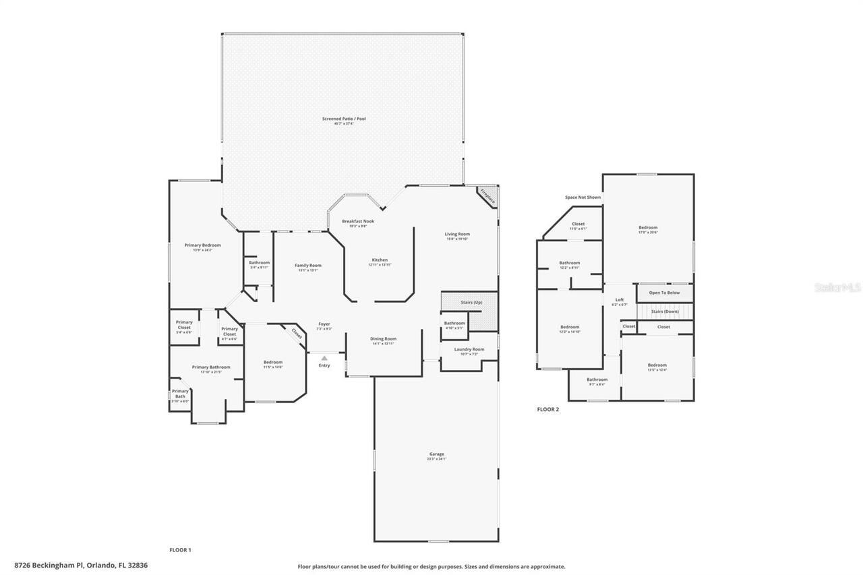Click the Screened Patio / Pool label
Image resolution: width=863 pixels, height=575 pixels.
coord(344,119)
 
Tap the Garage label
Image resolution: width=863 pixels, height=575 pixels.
coord(437,454)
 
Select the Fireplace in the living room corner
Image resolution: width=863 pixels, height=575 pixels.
coord(487,196)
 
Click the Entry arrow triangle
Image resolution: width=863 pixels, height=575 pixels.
coord(324,358)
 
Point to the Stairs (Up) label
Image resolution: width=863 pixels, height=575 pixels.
coord(471,302)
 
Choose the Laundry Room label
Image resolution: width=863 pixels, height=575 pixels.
coord(469,349)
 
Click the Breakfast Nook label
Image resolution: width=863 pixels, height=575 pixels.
coord(358,221)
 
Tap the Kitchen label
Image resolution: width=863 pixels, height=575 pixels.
coord(380,260)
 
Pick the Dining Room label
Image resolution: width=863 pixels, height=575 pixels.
coord(383,339)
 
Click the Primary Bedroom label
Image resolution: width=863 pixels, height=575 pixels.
coord(203,245)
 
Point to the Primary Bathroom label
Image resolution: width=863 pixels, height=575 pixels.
coord(211,367)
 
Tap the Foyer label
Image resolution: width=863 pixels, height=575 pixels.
coord(324,324)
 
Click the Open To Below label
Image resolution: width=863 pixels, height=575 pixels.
coord(664,293)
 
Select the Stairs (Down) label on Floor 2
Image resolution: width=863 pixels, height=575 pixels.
coord(665,311)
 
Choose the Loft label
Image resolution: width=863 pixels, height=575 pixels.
coord(620,300)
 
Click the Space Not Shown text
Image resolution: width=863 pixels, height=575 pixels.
coord(583,198)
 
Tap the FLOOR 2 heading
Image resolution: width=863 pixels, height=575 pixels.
coord(548,409)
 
